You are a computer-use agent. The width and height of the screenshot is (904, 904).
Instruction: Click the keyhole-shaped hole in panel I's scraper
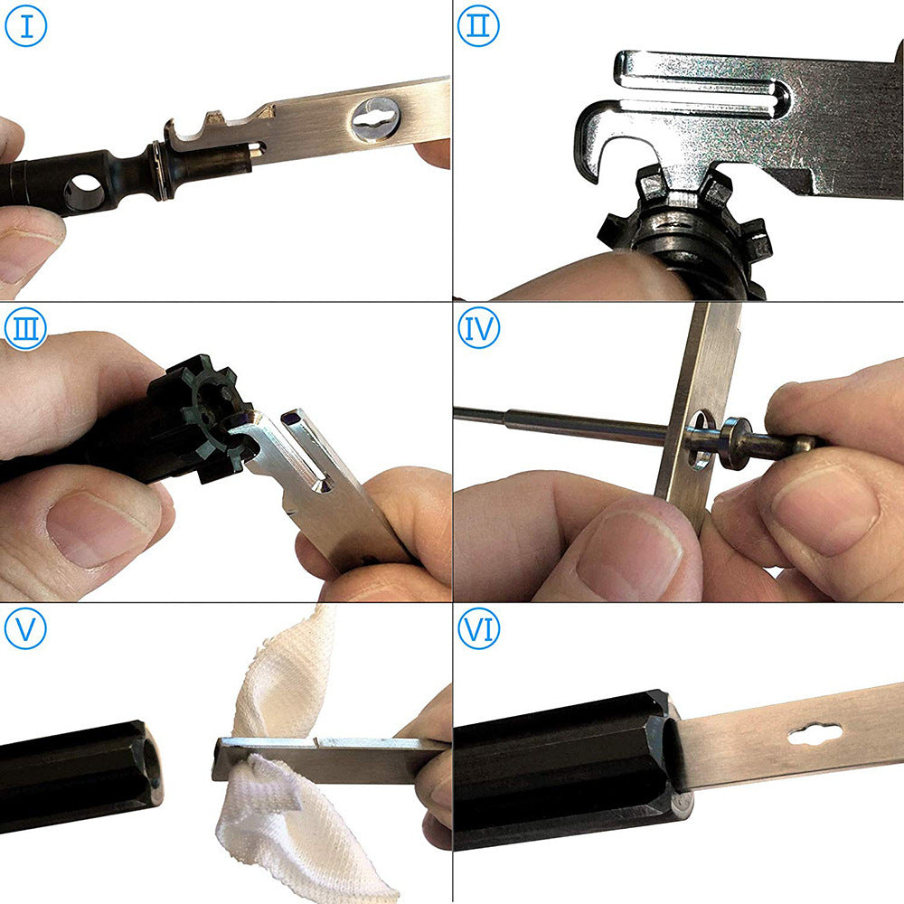click(x=376, y=119)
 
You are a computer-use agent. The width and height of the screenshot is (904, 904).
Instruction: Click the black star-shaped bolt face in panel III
click(x=203, y=407)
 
